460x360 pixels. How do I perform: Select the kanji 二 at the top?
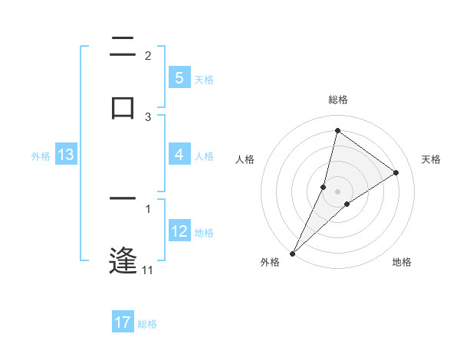[123, 47]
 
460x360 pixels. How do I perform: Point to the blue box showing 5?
[179, 78]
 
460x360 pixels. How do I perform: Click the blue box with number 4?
[179, 155]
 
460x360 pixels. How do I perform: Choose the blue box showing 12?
[179, 231]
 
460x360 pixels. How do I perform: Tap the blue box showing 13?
[65, 155]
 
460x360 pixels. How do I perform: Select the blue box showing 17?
[123, 322]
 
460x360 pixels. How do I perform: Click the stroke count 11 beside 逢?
[147, 270]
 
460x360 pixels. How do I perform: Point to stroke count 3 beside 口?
[148, 117]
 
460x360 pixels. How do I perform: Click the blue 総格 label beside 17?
[147, 324]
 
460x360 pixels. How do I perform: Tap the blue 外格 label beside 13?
[41, 156]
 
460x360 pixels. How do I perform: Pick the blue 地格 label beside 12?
[204, 233]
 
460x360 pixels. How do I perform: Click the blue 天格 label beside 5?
[204, 80]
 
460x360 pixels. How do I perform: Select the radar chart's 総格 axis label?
[337, 100]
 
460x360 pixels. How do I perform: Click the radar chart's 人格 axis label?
[245, 159]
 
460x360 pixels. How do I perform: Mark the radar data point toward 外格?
[292, 253]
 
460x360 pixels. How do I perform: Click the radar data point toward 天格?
[396, 172]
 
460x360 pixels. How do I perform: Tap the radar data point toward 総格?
[337, 130]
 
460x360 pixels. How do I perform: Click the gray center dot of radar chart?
[337, 191]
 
